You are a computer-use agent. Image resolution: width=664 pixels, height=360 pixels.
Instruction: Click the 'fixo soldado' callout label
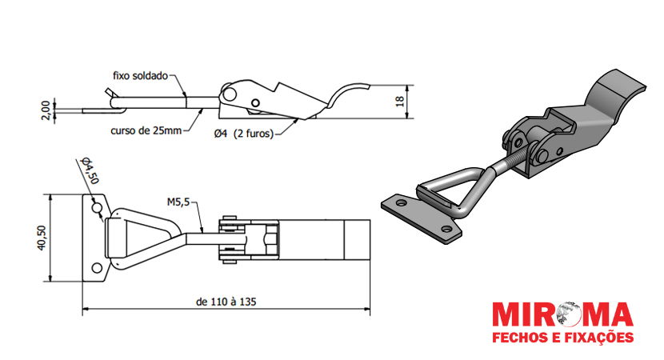[140, 76]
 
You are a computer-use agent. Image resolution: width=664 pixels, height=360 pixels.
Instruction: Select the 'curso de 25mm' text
[146, 130]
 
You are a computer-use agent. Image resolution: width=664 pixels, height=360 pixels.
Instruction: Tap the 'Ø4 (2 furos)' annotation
[243, 134]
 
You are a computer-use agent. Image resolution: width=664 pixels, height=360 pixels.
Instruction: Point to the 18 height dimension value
[400, 102]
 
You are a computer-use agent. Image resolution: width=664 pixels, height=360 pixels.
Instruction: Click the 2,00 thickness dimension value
[46, 110]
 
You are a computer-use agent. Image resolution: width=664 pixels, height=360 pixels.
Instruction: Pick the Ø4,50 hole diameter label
[90, 170]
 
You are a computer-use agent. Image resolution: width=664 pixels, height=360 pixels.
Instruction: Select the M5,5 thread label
[178, 202]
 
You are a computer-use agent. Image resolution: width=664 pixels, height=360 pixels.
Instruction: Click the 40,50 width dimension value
[41, 238]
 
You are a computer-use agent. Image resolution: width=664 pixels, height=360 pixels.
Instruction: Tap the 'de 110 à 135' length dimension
[226, 302]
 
